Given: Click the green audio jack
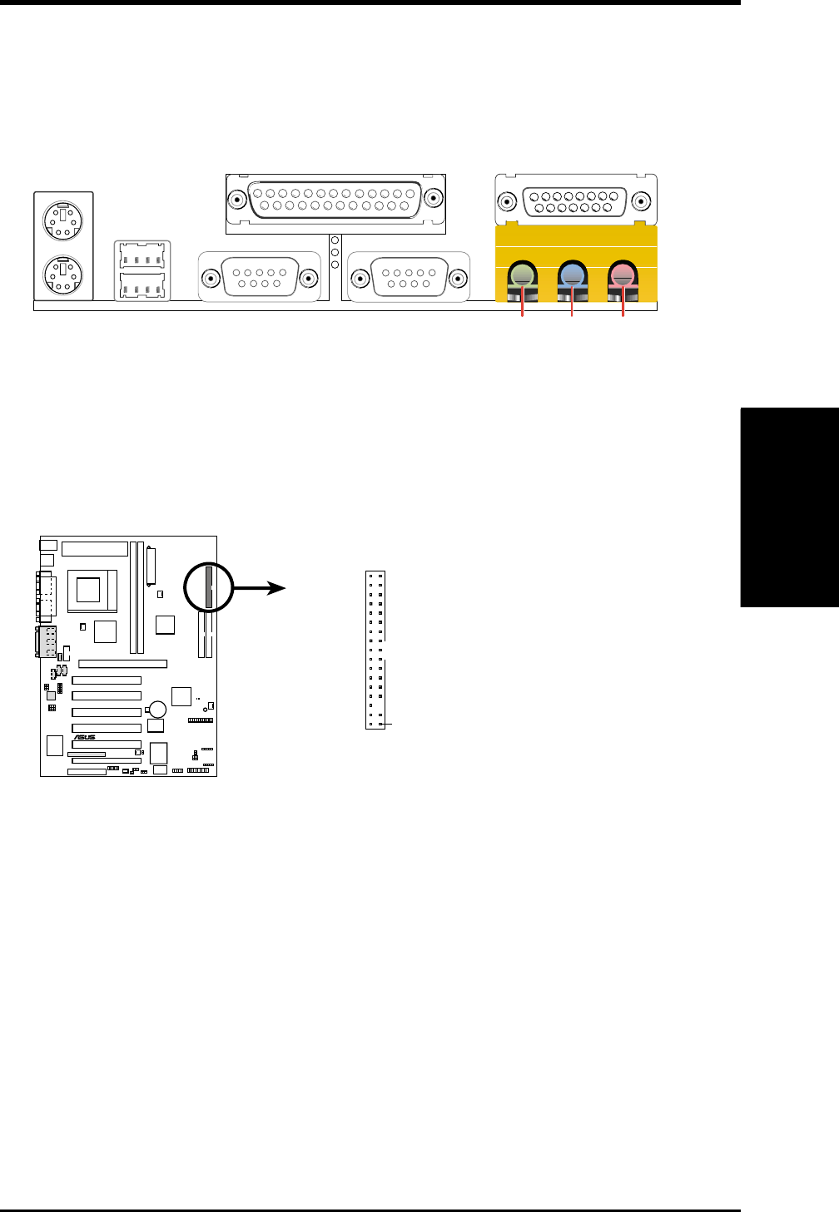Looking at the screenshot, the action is click(522, 275).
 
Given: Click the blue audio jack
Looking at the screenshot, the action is click(572, 275).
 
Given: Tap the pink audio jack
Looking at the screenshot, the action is click(622, 275).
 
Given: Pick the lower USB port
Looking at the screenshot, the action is click(142, 286).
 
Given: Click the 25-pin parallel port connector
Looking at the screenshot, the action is click(335, 200).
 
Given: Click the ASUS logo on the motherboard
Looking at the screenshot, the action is click(85, 737).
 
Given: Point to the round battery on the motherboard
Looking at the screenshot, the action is click(156, 710).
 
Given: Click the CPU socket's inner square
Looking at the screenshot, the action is click(88, 590).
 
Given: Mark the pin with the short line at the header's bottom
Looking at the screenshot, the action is click(381, 725).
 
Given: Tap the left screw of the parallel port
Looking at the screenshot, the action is click(237, 200).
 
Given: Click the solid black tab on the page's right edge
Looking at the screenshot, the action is click(789, 508).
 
